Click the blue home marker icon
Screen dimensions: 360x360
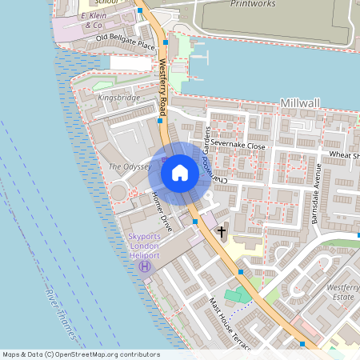[x=180, y=173]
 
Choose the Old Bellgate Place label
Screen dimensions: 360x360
[x=125, y=42]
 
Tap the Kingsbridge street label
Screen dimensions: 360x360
[x=118, y=98]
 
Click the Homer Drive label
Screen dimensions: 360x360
[x=161, y=207]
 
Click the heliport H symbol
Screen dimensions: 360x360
[x=145, y=266]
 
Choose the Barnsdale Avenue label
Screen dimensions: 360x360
[x=318, y=192]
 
